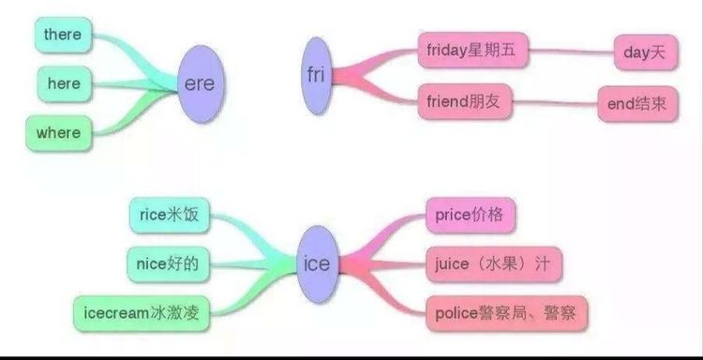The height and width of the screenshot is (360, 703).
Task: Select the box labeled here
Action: tap(64, 84)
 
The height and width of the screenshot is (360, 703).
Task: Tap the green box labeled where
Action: tap(58, 133)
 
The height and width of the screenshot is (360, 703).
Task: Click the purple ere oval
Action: tap(199, 84)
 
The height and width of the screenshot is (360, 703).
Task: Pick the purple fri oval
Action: tap(316, 74)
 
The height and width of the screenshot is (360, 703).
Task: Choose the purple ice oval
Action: tap(317, 264)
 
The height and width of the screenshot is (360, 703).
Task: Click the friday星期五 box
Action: tap(471, 50)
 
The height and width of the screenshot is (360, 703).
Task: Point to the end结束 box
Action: tap(637, 105)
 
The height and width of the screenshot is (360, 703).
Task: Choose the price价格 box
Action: tap(470, 216)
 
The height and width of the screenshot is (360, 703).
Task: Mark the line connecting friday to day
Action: tap(572, 52)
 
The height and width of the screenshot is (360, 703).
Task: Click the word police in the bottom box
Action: tap(457, 311)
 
